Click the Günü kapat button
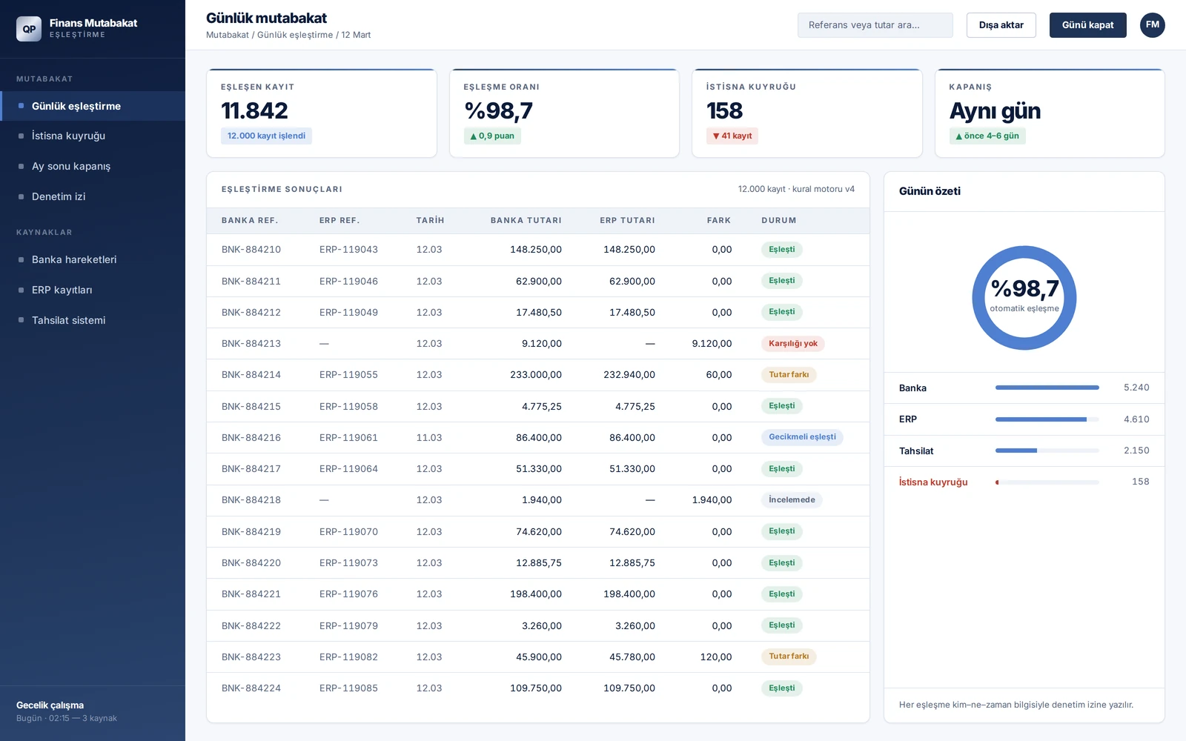pyautogui.click(x=1087, y=25)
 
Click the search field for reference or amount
pyautogui.click(x=875, y=25)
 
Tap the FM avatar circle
pyautogui.click(x=1152, y=25)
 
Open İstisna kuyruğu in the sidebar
pyautogui.click(x=68, y=136)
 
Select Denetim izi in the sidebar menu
pyautogui.click(x=59, y=196)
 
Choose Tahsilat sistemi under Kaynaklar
pyautogui.click(x=68, y=320)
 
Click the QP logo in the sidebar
pyautogui.click(x=29, y=29)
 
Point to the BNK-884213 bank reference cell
pyautogui.click(x=251, y=344)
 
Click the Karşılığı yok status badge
pyautogui.click(x=792, y=344)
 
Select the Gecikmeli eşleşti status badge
pyautogui.click(x=802, y=437)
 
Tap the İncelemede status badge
pyautogui.click(x=792, y=499)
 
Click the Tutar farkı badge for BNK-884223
pyautogui.click(x=789, y=657)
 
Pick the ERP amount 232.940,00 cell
pyautogui.click(x=629, y=375)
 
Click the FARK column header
pyautogui.click(x=718, y=220)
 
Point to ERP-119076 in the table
pyautogui.click(x=348, y=594)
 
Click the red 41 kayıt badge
pyautogui.click(x=732, y=136)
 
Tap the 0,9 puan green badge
pyautogui.click(x=492, y=136)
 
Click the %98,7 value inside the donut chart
pyautogui.click(x=1024, y=289)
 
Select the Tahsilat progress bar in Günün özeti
pyautogui.click(x=1047, y=451)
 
